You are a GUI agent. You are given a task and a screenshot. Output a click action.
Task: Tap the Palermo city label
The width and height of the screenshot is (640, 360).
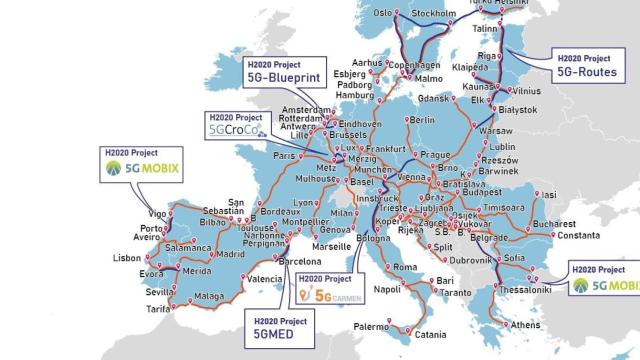tap(369, 326)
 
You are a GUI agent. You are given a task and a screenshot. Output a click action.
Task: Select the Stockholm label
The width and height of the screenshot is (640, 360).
tap(434, 14)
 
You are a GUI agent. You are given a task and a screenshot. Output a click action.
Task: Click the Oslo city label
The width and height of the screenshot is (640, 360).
tap(383, 14)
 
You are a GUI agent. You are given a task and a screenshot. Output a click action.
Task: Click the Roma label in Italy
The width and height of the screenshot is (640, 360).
tap(404, 267)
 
